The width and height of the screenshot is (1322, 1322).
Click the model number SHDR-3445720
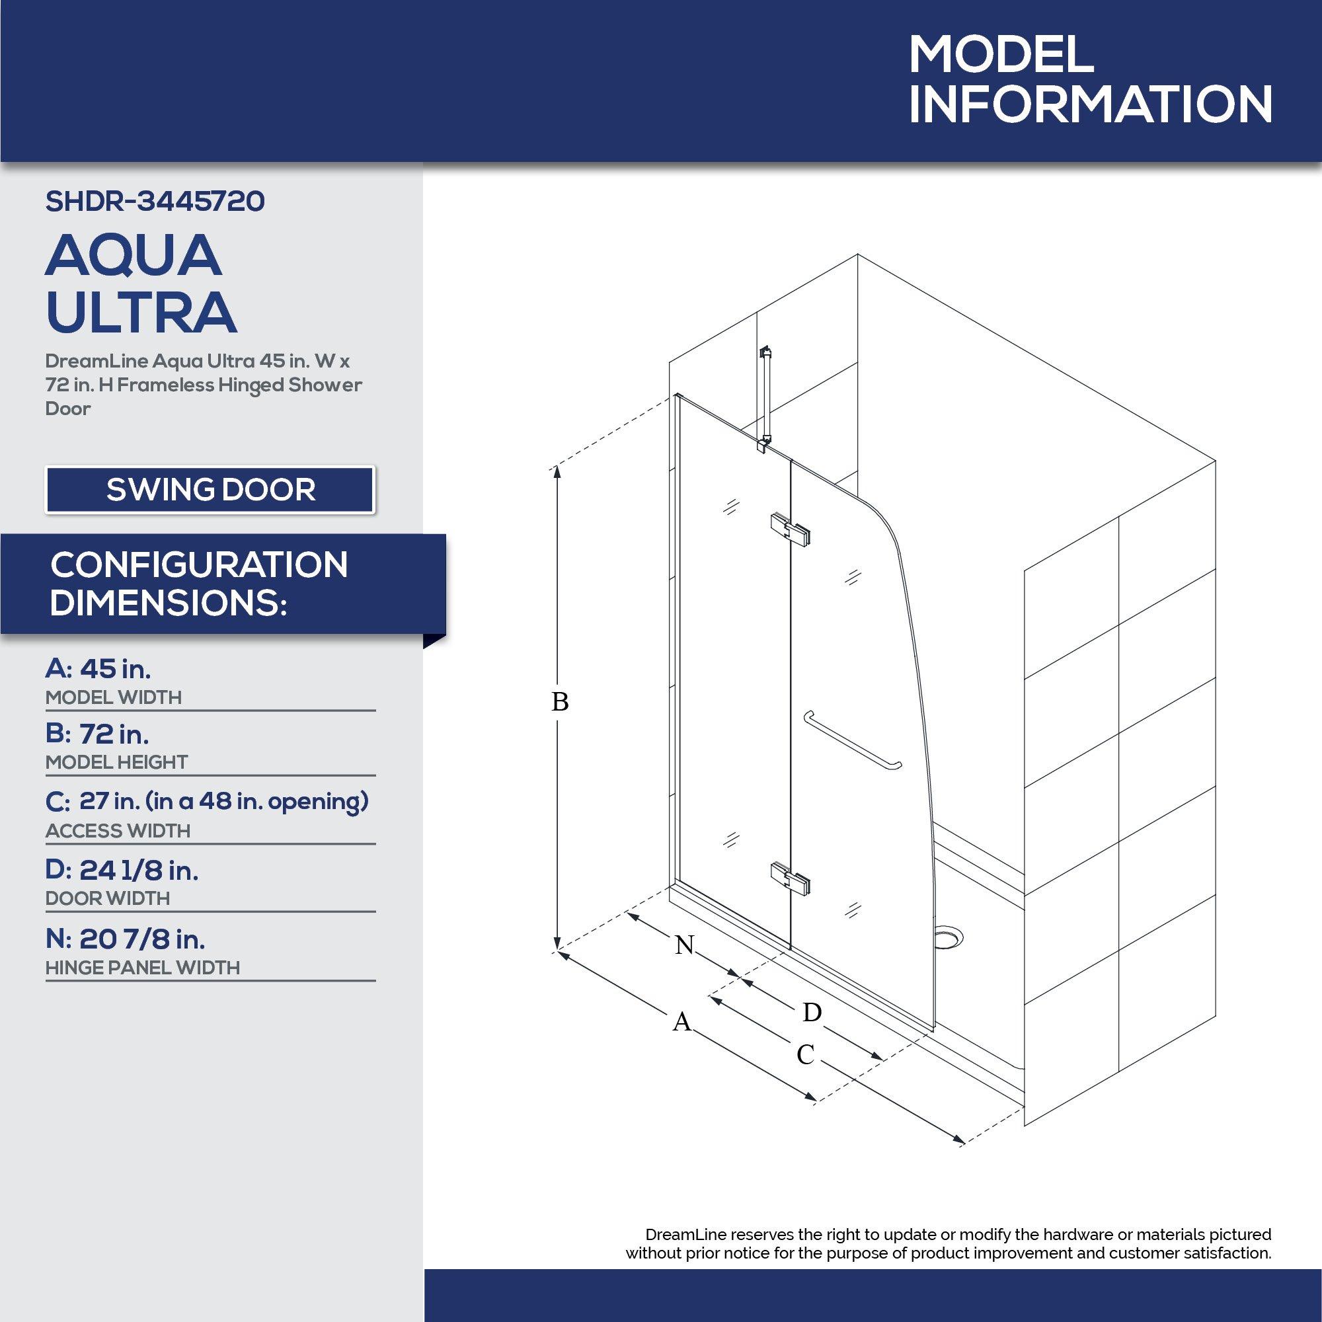coord(155,201)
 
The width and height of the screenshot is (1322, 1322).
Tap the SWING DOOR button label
coord(210,490)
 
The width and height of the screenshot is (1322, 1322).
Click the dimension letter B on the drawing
coord(560,702)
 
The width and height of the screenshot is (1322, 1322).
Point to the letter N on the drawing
coord(684,945)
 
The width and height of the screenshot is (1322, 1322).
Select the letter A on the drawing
coord(681,1023)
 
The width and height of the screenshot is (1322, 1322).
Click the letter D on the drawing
coord(812,1012)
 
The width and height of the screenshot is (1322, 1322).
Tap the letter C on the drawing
coord(805,1054)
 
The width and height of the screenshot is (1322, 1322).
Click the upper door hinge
coord(791,528)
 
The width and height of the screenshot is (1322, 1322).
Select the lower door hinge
coord(791,878)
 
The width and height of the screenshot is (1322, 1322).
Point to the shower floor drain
coord(949,935)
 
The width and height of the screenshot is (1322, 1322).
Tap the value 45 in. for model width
coord(115,668)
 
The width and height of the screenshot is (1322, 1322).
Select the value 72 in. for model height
coord(114,734)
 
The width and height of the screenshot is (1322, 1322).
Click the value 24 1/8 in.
coord(139,871)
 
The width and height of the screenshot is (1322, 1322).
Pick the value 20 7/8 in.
coord(141,939)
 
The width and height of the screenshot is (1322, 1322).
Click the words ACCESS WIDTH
coord(118,831)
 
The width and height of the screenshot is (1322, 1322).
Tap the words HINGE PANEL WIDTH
coord(142,968)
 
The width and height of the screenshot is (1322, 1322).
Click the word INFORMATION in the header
coord(1090,104)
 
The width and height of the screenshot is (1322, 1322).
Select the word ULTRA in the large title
coord(141,312)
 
